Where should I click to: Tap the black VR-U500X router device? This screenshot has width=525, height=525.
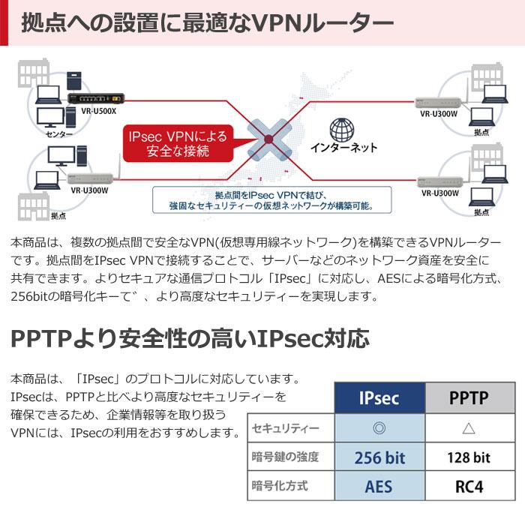(x=91, y=98)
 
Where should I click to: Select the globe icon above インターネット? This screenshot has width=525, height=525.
(x=343, y=130)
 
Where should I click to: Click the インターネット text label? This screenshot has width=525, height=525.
(x=344, y=147)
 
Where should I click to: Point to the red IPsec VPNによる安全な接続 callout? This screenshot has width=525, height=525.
(x=178, y=143)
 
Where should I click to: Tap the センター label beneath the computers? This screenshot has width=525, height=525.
(x=58, y=134)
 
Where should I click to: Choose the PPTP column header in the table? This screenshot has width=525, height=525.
(x=469, y=397)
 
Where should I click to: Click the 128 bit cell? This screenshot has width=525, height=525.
(x=469, y=457)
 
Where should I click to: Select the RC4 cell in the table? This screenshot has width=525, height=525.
(x=469, y=486)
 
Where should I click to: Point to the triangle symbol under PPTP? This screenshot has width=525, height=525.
(x=469, y=428)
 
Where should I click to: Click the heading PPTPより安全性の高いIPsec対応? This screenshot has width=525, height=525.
(x=191, y=337)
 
